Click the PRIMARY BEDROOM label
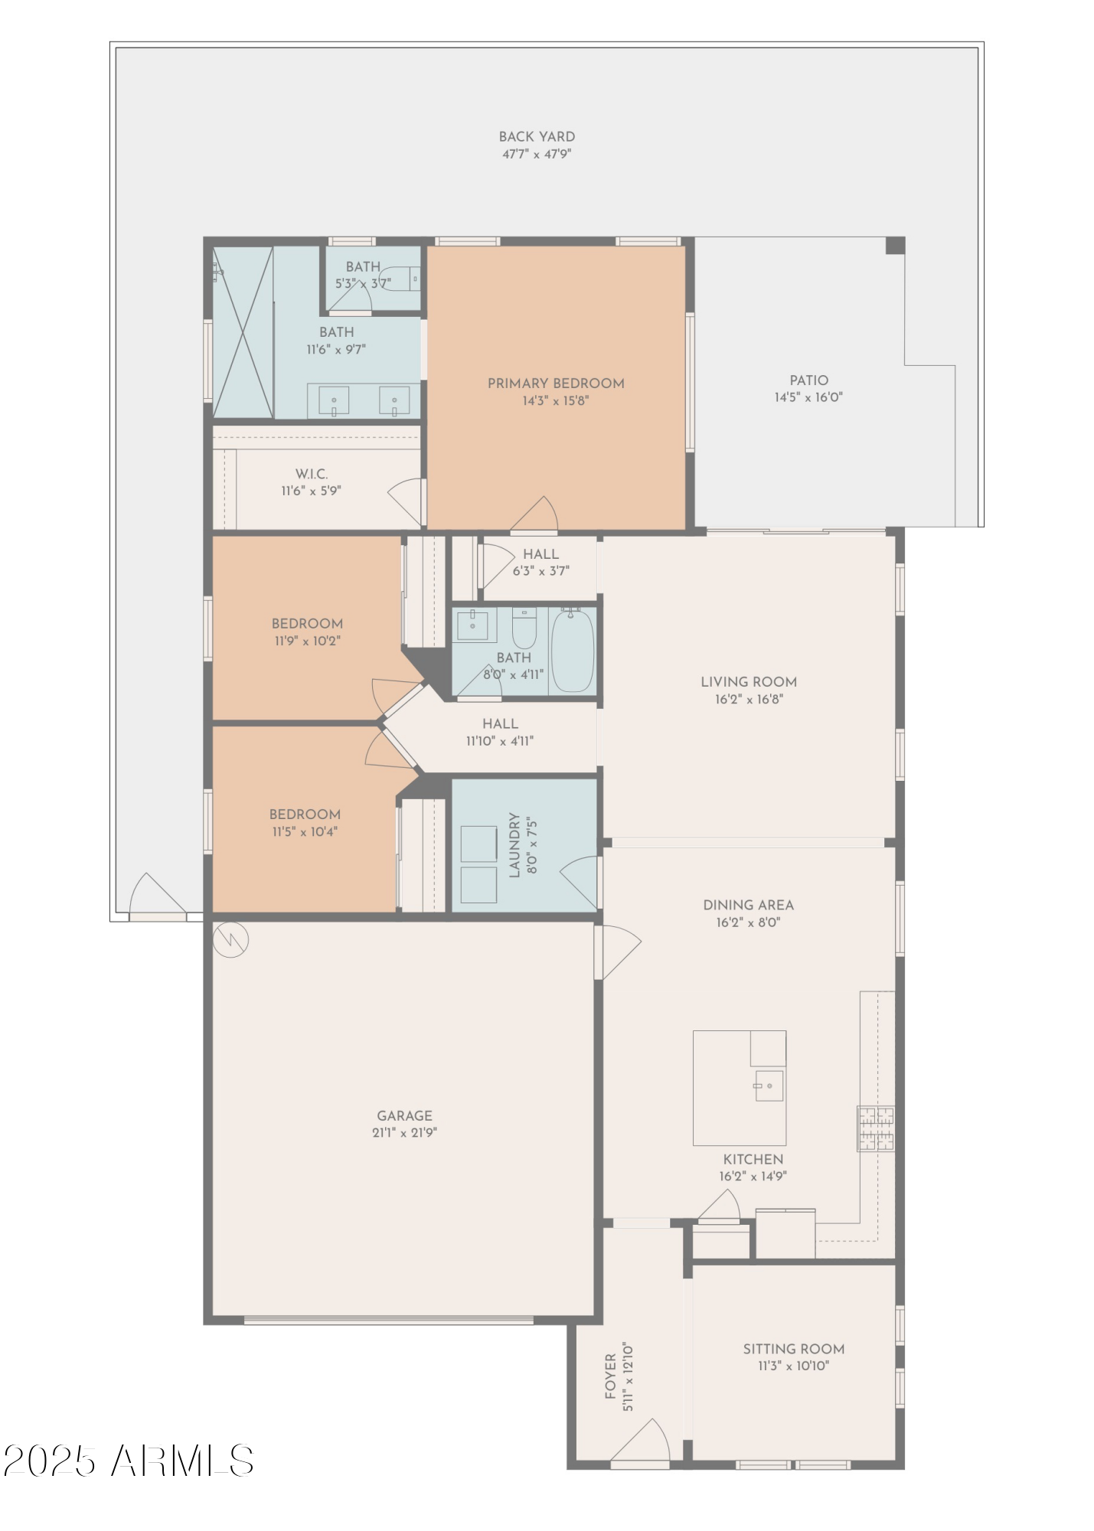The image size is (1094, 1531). coord(556,384)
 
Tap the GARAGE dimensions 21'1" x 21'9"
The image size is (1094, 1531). coord(404,1133)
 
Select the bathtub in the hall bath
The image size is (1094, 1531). coord(572,650)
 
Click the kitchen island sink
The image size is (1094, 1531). coord(769,1085)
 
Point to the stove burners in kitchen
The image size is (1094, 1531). coord(875,1128)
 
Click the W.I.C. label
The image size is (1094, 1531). coord(312,475)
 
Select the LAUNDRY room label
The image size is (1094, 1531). coord(514,845)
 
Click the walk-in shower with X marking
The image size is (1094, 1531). coord(243,332)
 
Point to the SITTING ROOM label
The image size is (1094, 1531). coord(793,1348)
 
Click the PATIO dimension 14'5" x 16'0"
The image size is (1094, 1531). coord(808,397)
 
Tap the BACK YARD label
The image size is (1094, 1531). coord(537,137)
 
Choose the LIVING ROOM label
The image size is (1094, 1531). coord(748,682)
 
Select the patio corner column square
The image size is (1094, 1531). coord(895,246)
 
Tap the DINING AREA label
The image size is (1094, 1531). coord(748,905)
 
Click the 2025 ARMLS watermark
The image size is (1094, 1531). coord(128,1461)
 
